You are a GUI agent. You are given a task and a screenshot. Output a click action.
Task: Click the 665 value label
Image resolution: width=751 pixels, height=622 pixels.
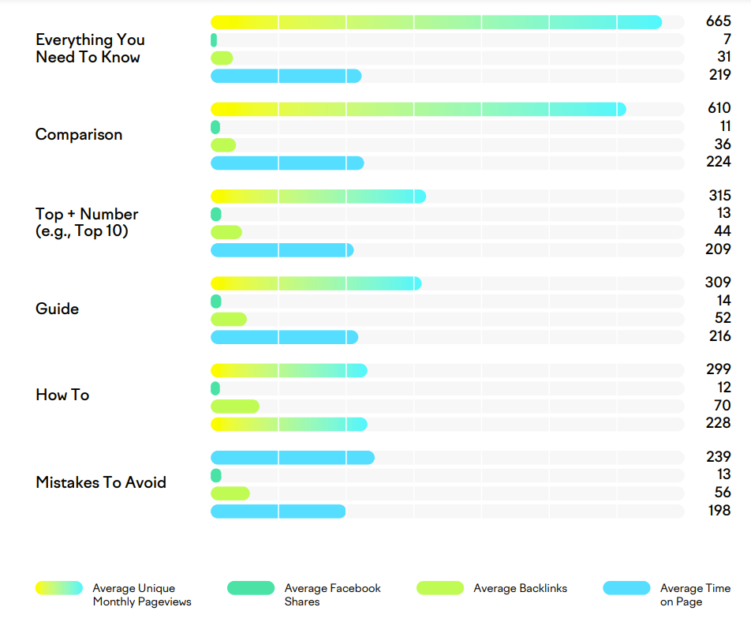(718, 22)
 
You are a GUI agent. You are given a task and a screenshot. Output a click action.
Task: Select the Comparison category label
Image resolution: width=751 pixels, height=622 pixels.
(79, 135)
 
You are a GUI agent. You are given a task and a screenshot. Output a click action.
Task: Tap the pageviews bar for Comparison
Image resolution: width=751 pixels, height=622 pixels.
(418, 109)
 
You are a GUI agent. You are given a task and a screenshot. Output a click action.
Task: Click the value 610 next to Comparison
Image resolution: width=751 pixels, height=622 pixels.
(719, 109)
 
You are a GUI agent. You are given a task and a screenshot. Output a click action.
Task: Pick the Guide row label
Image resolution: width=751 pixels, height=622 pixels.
(58, 309)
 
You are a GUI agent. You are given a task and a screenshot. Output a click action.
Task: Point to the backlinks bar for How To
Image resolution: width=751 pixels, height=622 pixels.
(235, 407)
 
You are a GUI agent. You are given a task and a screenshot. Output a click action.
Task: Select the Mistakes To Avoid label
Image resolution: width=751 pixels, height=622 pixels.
(101, 482)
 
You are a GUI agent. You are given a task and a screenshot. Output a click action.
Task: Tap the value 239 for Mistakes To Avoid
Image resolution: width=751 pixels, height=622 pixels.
(718, 458)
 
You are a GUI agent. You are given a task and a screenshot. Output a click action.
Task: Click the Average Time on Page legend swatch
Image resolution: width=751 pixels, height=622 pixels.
(626, 588)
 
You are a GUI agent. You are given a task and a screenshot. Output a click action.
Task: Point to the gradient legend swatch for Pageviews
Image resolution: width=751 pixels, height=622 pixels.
(59, 588)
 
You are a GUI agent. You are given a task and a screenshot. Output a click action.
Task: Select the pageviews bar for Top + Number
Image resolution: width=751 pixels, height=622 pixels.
(318, 197)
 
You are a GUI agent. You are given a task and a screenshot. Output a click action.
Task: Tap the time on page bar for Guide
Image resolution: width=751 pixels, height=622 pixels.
(284, 337)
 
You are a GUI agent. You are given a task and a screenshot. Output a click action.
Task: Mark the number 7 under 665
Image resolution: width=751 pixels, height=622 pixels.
(727, 40)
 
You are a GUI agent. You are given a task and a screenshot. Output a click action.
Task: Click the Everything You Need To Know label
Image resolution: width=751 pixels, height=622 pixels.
(90, 48)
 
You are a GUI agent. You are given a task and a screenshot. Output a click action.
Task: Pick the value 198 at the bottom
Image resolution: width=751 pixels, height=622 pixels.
(719, 511)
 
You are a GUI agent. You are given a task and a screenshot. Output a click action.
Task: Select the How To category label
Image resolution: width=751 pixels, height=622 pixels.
(62, 395)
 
